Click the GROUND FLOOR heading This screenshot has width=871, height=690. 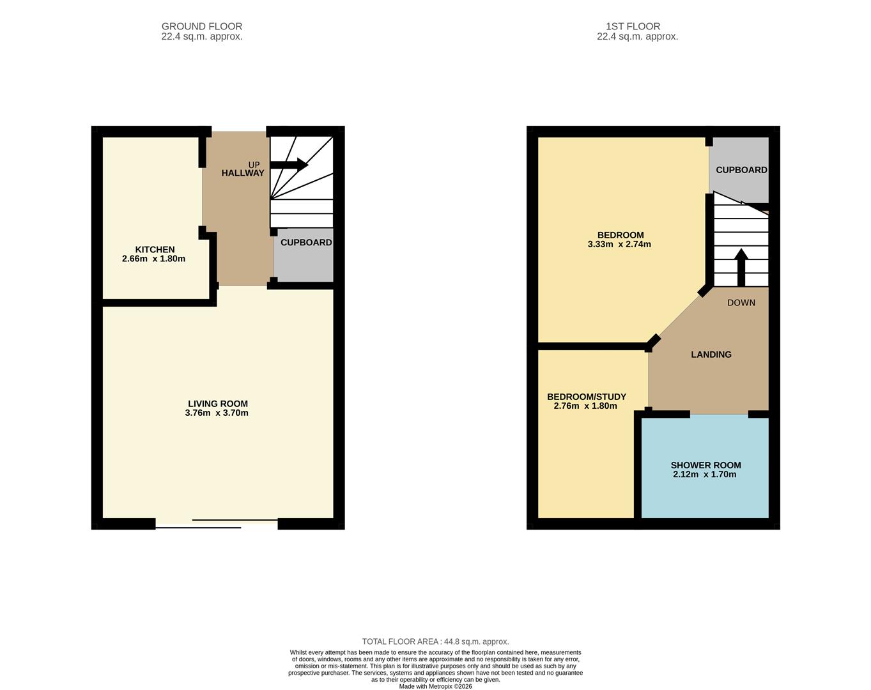click(202, 26)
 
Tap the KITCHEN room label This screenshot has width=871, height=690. click(155, 250)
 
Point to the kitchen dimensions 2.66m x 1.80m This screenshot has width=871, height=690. click(153, 259)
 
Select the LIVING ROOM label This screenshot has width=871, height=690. click(217, 404)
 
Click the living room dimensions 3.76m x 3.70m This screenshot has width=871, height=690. click(217, 413)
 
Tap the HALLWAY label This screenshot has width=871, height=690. click(243, 173)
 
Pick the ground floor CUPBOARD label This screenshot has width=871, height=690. click(306, 243)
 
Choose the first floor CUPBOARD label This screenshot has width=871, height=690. click(741, 170)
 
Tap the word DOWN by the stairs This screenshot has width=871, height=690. click(741, 303)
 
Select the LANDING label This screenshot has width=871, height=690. click(711, 355)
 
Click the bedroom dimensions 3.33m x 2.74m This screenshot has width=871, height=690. click(619, 244)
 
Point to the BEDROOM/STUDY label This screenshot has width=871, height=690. click(586, 397)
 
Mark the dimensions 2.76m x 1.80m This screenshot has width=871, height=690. click(585, 406)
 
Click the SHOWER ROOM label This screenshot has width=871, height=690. click(705, 466)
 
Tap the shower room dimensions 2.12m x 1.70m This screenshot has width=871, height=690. click(704, 474)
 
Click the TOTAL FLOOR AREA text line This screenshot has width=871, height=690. click(435, 641)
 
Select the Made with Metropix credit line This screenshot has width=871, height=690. click(435, 686)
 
